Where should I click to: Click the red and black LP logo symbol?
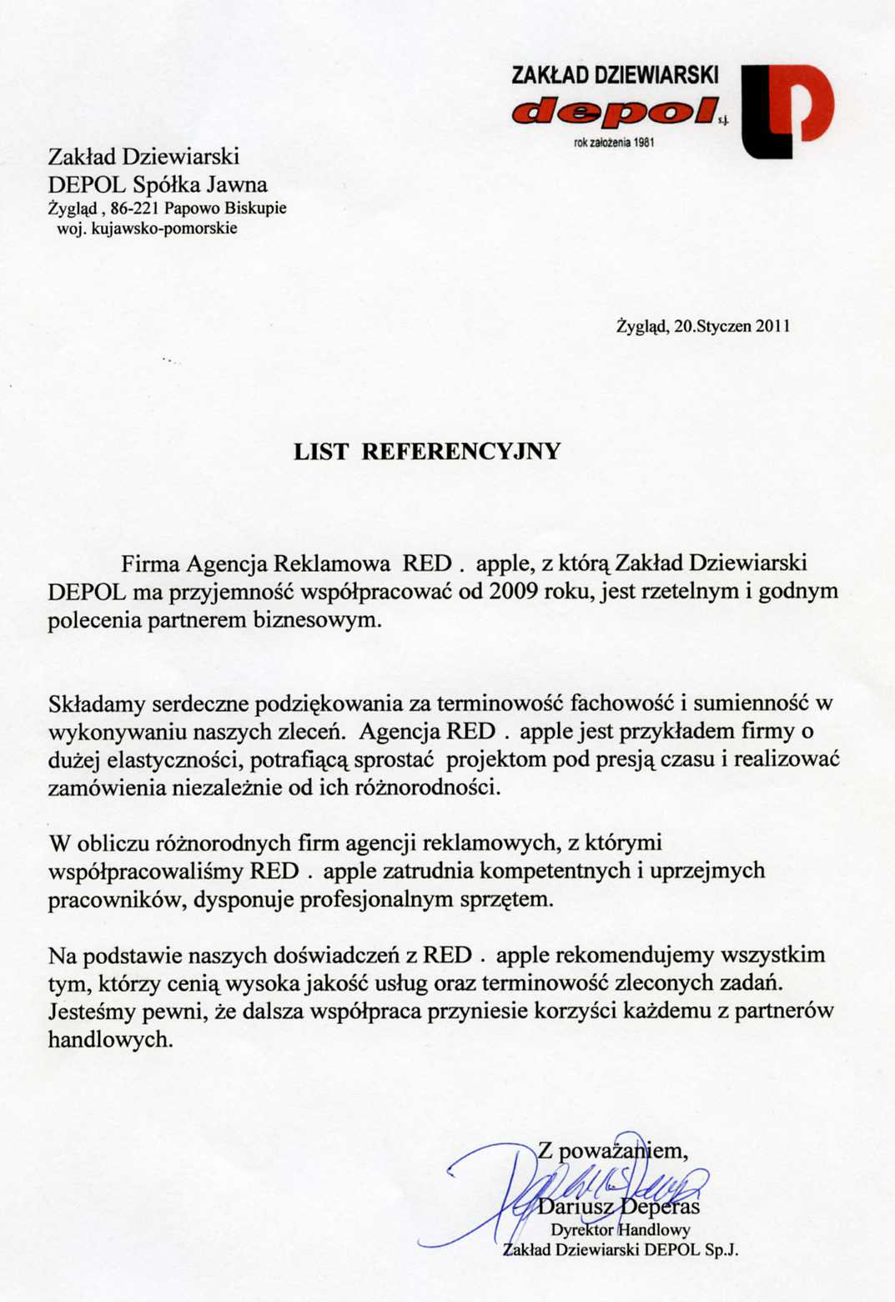[x=787, y=110]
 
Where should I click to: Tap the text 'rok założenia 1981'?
[x=614, y=143]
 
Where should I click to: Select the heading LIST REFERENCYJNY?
[x=427, y=452]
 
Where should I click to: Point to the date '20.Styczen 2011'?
[x=732, y=326]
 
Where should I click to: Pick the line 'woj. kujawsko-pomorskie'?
[x=147, y=228]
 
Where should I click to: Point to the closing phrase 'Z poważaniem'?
[x=612, y=1151]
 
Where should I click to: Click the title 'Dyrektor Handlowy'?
[x=620, y=1229]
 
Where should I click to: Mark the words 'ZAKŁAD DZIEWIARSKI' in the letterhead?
[x=615, y=75]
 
